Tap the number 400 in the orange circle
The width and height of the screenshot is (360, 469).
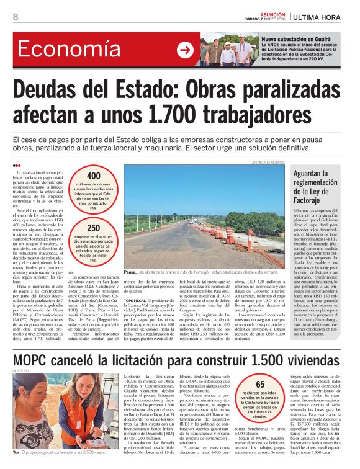point(93,176)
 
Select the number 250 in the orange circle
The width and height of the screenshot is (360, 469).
point(93,228)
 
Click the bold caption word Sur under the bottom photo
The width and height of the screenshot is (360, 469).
point(17,453)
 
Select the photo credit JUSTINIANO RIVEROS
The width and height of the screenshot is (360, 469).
point(268,163)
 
